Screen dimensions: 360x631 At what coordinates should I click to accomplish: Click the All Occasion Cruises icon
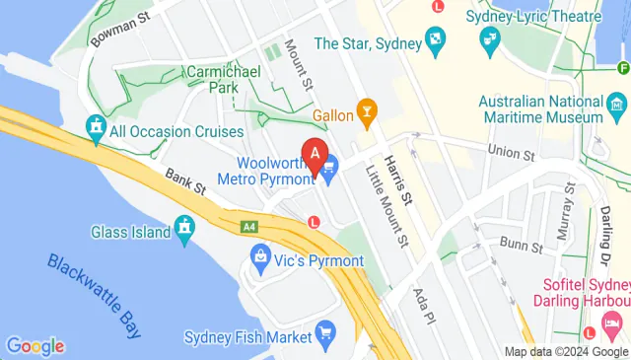pos(97,127)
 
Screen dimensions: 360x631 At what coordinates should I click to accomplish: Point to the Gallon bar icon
pos(368,112)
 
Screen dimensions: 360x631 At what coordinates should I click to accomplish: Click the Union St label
pos(511,153)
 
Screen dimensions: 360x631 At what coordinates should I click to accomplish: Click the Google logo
pos(35,346)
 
